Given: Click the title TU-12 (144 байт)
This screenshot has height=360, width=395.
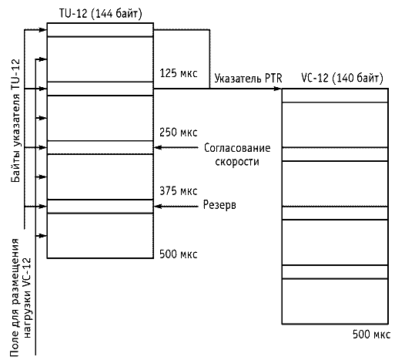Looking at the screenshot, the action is pos(101,13).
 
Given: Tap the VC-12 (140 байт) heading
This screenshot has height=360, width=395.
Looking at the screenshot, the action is pos(342,78).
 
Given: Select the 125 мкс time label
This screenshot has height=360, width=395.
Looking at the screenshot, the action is pos(179,73).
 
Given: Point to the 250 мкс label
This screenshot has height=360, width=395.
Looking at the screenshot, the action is pos(179,133).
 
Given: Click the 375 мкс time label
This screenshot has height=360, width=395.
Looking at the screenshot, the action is pos(179,191).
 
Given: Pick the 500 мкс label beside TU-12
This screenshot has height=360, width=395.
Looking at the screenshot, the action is pos(179,254).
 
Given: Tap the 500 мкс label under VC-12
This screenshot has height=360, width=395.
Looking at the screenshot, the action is pos(371,335).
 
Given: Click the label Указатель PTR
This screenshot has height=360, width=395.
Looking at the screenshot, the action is pos(248,79).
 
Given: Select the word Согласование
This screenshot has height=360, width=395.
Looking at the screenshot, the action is pos(237,148).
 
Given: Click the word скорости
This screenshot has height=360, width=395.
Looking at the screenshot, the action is pos(237,162).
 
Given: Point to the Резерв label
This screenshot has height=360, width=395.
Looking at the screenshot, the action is pos(219,205).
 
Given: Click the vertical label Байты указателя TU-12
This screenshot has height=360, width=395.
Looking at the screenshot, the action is pos(15,121).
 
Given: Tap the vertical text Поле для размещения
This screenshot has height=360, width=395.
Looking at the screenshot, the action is pos(15,298).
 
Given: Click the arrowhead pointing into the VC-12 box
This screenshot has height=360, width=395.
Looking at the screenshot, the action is pos(277,89).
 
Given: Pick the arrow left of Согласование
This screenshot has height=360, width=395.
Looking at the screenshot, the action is pos(176,147).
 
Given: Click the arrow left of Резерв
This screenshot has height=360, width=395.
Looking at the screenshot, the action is pos(176,207).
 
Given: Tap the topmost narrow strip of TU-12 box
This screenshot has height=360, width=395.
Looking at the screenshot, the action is pos(100,30).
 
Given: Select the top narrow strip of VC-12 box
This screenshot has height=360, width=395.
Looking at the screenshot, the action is pos(335,96).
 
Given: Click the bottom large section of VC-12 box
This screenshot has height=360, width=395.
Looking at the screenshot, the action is pos(335,301).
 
